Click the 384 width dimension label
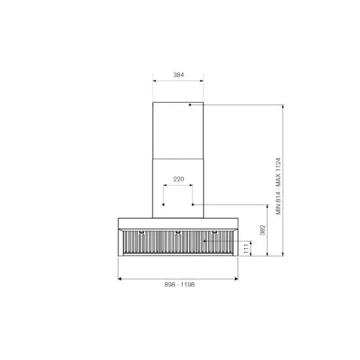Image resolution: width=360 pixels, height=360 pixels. (178, 75)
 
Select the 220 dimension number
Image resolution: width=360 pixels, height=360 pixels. (178, 179)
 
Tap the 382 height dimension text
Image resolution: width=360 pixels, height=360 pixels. (262, 230)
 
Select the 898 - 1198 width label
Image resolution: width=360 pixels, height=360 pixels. (178, 285)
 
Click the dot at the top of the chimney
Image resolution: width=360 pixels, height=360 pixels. (190, 105)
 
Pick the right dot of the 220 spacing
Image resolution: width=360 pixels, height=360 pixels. (192, 204)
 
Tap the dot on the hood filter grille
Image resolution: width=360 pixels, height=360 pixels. (204, 241)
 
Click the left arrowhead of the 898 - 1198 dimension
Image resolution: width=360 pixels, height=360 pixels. (120, 278)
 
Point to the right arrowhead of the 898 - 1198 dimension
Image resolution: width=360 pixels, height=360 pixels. (236, 278)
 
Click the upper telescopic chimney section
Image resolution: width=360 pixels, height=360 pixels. (178, 131)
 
